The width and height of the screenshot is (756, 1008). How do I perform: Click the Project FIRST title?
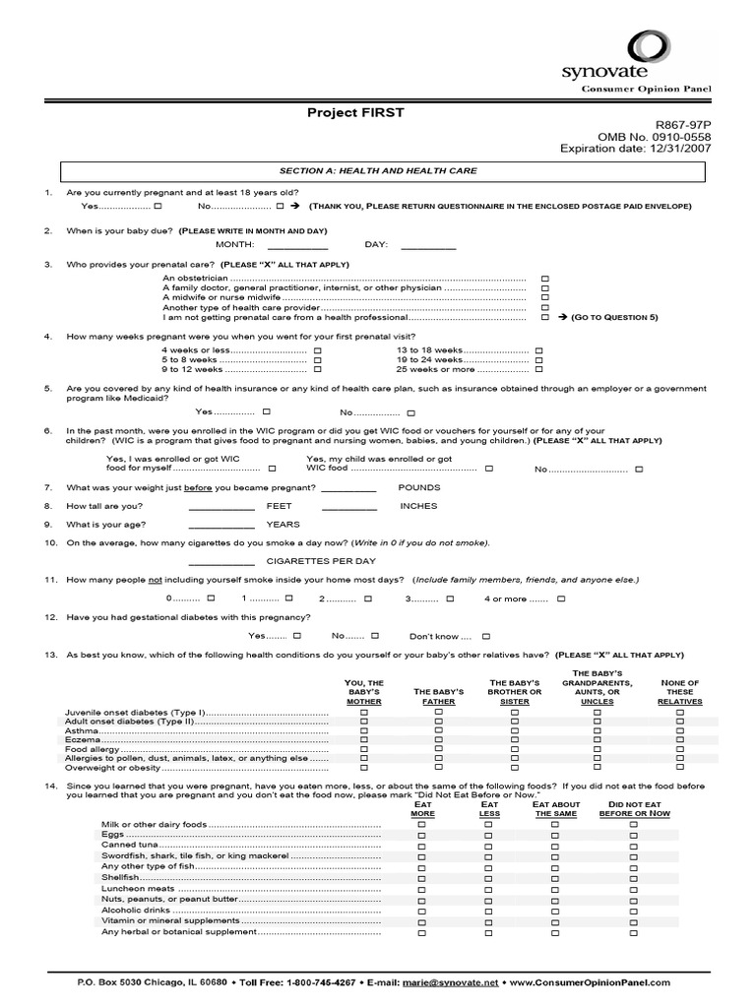pos(355,113)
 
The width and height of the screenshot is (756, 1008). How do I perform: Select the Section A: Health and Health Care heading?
pos(378,170)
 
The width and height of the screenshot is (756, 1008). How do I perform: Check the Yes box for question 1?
pos(158,207)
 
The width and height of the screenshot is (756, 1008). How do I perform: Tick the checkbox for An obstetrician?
pos(545,279)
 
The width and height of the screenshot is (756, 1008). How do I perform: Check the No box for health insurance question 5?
pos(411,412)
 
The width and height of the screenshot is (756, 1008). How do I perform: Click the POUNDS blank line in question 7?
pos(348,488)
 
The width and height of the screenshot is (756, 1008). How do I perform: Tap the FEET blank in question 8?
pos(221,506)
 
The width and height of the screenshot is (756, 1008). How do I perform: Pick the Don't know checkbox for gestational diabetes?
pos(485,636)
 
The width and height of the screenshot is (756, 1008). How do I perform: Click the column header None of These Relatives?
pos(679,692)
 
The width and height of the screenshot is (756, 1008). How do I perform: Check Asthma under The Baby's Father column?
pos(439,731)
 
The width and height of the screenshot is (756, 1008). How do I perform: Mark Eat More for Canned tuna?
pos(422,844)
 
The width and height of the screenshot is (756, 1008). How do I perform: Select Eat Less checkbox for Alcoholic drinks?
pos(489,911)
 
